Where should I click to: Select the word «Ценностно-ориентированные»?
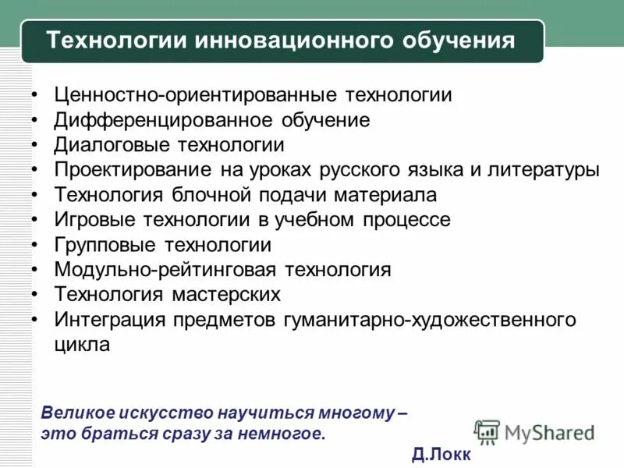point(185,95)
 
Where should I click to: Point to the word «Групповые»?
point(106,245)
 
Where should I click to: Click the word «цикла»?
point(82,345)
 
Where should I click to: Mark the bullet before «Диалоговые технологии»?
point(36,146)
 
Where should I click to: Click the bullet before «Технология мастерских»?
point(36,296)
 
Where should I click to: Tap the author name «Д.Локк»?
point(441,454)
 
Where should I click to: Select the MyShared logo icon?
point(487,431)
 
